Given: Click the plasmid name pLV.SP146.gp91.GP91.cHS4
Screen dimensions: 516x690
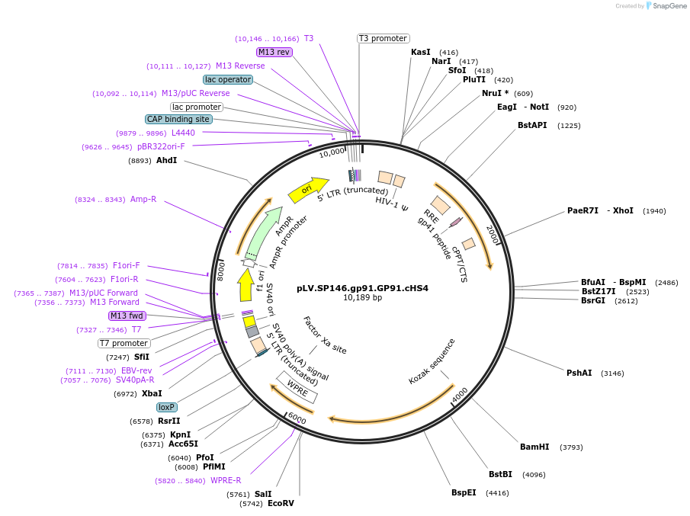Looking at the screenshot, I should pyautogui.click(x=362, y=288).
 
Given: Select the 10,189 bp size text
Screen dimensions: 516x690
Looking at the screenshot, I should pyautogui.click(x=362, y=297).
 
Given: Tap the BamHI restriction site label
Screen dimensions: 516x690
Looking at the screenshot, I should pyautogui.click(x=534, y=447).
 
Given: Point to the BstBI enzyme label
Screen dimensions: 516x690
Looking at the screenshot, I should pyautogui.click(x=501, y=474).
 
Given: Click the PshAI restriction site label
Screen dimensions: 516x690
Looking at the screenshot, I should pyautogui.click(x=579, y=373).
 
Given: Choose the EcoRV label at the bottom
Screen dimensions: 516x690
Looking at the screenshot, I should pyautogui.click(x=281, y=503).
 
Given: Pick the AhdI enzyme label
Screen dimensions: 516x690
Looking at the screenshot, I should pyautogui.click(x=166, y=160).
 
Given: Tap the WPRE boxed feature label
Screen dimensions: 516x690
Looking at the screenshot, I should pyautogui.click(x=297, y=386).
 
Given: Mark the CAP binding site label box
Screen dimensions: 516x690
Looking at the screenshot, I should pyautogui.click(x=178, y=119).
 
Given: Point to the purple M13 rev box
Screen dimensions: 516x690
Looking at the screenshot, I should pyautogui.click(x=274, y=52).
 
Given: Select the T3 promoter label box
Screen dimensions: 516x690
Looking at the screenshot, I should pyautogui.click(x=383, y=38).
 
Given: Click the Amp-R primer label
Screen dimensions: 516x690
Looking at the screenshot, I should pyautogui.click(x=143, y=199).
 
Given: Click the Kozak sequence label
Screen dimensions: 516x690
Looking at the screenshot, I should pyautogui.click(x=432, y=361).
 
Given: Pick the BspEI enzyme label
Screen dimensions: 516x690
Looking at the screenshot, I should pyautogui.click(x=464, y=492).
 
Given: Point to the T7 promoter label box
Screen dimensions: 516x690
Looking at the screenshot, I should pyautogui.click(x=124, y=343).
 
